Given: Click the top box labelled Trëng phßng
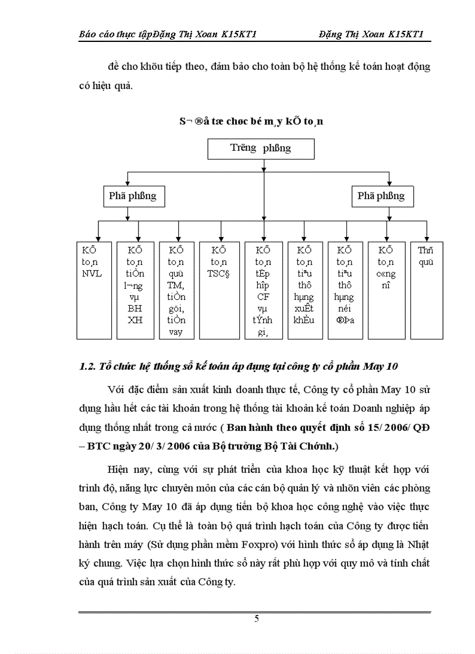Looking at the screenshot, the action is (x=261, y=149).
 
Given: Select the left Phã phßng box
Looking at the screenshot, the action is (x=132, y=196).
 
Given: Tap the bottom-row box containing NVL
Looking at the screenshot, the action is (x=94, y=289).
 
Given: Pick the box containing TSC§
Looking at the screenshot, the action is (x=219, y=289).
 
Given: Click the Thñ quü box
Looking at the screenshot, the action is (x=426, y=289).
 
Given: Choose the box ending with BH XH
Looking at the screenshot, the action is (x=135, y=289).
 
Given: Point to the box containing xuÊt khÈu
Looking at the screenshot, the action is (x=304, y=289).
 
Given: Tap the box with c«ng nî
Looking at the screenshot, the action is (x=386, y=289).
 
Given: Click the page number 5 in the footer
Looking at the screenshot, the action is (x=257, y=619).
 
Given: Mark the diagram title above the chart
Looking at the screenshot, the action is (x=251, y=122).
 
